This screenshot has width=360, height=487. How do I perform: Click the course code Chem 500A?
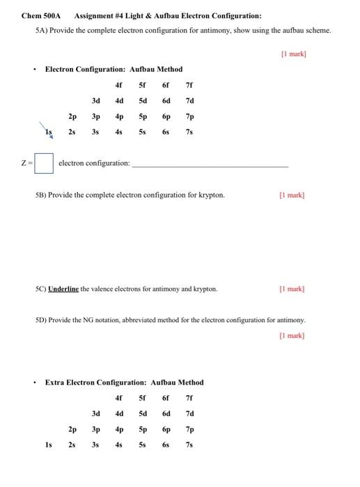click(42, 15)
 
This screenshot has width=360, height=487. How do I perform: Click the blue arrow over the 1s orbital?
click(47, 129)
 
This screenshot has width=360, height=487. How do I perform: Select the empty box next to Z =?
click(44, 163)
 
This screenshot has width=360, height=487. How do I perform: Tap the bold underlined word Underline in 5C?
click(63, 288)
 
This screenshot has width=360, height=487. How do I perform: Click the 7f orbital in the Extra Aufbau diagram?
click(189, 398)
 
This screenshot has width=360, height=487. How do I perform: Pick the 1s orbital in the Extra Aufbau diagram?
click(48, 445)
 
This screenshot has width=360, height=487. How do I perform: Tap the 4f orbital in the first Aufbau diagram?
click(118, 85)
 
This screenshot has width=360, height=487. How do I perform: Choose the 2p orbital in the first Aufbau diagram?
click(72, 116)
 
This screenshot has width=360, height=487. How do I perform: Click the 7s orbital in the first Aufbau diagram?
click(189, 131)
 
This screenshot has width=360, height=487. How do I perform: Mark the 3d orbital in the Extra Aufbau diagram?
click(95, 413)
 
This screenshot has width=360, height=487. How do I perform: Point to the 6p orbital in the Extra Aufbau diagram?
click(166, 429)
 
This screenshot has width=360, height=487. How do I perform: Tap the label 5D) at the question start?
click(41, 321)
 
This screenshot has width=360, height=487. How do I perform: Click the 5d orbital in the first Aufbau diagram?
click(142, 101)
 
